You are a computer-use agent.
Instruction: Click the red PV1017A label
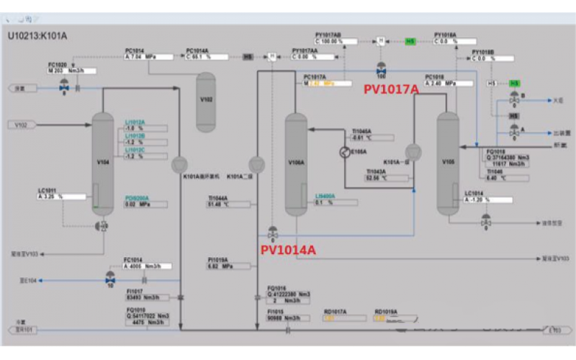pos(390,89)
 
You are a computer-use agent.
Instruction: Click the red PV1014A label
pos(287,250)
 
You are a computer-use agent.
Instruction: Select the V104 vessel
pos(104,162)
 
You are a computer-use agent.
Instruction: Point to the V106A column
pos(296,164)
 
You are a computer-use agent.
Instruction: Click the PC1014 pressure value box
pos(148,56)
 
